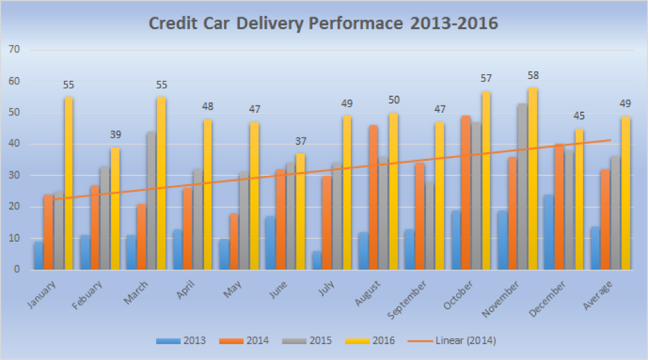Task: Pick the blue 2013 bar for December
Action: click(x=549, y=232)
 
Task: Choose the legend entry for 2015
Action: click(x=306, y=341)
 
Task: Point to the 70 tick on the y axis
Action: click(x=14, y=50)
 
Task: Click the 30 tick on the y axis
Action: click(x=14, y=175)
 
